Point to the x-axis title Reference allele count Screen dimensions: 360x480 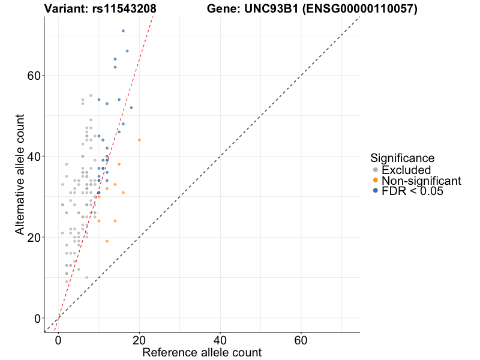[202, 352]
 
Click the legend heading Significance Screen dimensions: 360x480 [402, 158]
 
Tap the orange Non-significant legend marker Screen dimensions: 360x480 [375, 181]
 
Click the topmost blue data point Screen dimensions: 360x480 [123, 31]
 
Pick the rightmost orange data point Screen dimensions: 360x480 [139, 140]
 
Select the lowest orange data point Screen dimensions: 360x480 [107, 241]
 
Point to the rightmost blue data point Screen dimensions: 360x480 [131, 107]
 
